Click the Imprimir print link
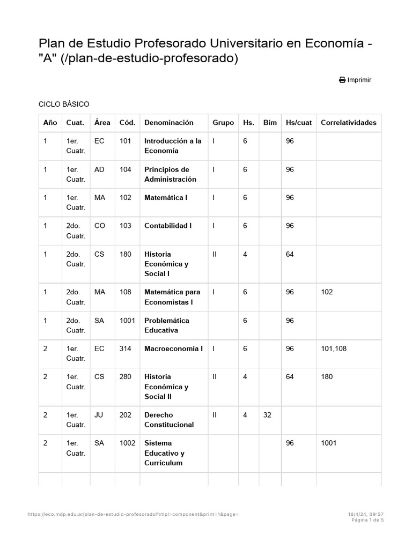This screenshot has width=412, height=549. [359, 80]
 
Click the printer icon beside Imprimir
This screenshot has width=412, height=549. [342, 80]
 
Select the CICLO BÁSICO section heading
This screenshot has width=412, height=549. [64, 104]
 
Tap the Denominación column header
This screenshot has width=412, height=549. [168, 123]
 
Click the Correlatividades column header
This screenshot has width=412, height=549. [348, 123]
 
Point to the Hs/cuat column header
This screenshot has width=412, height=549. [299, 123]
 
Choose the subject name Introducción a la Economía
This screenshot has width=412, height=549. [173, 146]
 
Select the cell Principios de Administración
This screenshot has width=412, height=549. [170, 174]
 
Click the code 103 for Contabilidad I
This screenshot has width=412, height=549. [126, 226]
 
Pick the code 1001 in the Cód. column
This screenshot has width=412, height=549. [128, 321]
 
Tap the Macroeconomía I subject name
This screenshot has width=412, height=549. [173, 349]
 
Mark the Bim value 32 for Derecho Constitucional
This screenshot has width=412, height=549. [268, 415]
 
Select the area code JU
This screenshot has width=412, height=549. [100, 415]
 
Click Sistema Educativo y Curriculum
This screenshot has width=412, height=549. [164, 453]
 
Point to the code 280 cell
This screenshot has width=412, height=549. [126, 377]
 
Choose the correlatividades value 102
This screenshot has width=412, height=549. [327, 292]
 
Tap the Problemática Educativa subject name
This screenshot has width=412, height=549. [166, 325]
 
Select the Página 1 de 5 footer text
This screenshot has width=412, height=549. [367, 520]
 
